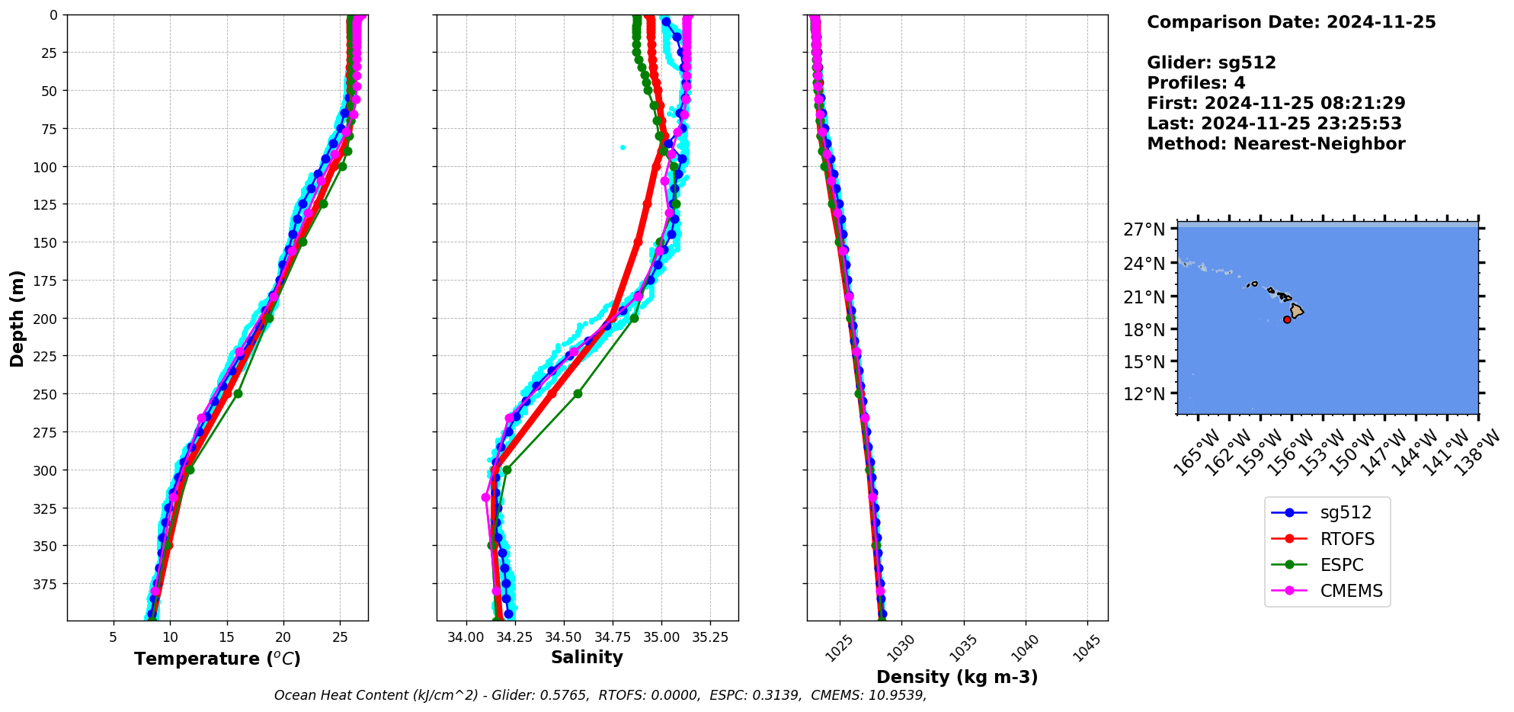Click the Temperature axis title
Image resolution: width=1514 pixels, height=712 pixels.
(217, 659)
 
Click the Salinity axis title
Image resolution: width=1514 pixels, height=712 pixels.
(587, 657)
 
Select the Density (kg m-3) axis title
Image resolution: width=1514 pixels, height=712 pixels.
(957, 677)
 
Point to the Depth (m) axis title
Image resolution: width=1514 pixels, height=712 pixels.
(17, 318)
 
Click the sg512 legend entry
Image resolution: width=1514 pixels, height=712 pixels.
(1346, 513)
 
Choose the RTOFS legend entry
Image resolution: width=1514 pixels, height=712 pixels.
(1347, 539)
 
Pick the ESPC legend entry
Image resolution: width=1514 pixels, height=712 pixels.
(1342, 565)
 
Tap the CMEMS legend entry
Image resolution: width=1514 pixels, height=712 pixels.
(1351, 591)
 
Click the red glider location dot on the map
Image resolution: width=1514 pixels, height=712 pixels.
(1287, 319)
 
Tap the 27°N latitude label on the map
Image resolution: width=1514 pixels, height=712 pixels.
(1144, 229)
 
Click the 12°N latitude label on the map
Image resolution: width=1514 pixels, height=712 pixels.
(1144, 394)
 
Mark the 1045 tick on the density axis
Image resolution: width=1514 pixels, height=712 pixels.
(1089, 648)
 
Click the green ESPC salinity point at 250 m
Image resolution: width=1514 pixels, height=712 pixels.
(578, 393)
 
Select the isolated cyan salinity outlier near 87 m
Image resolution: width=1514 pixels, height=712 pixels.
(623, 147)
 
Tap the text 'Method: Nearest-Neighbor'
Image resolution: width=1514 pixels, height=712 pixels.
(1276, 144)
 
